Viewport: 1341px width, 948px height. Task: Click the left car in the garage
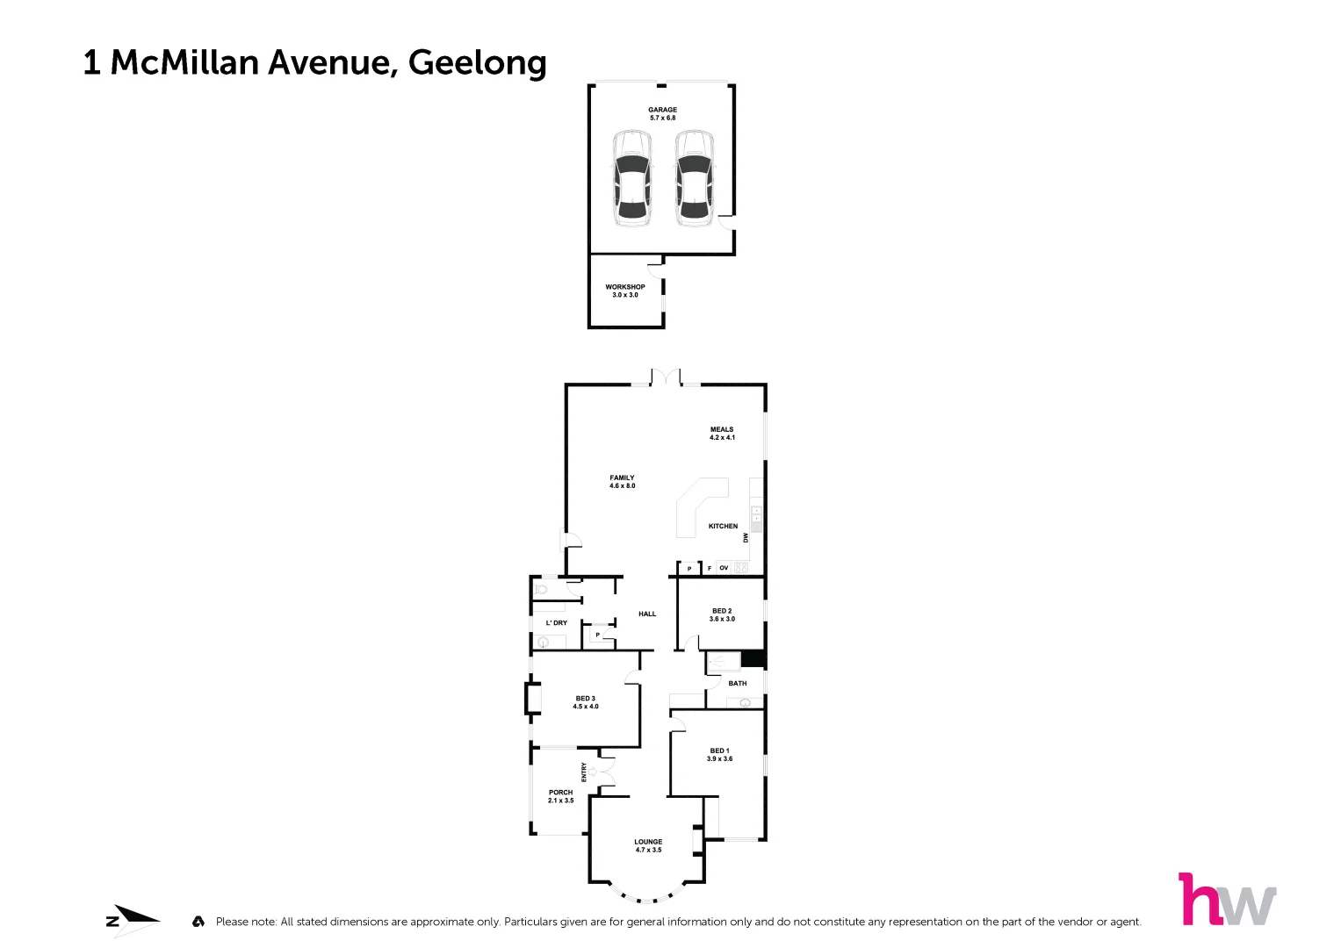click(631, 178)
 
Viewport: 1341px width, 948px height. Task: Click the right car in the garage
click(694, 178)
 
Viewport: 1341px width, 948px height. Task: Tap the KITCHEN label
click(723, 526)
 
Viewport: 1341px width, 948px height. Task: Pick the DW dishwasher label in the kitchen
click(746, 537)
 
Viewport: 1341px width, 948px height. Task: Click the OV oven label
click(724, 568)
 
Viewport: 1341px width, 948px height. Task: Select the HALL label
click(647, 614)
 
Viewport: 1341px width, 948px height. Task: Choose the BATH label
click(738, 683)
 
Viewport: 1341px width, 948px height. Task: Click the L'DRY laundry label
click(557, 622)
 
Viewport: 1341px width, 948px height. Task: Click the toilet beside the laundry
click(542, 590)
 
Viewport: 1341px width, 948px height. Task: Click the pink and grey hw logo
click(1227, 899)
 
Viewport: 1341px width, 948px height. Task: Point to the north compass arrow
click(133, 921)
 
